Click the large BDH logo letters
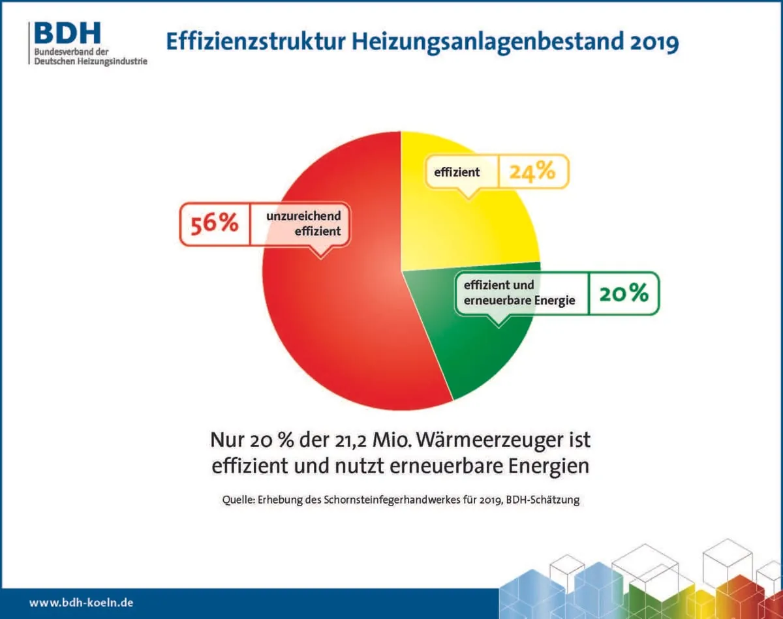pyautogui.click(x=67, y=33)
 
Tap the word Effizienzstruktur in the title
pyautogui.click(x=256, y=42)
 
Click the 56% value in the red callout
pyautogui.click(x=214, y=224)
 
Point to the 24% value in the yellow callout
pyautogui.click(x=532, y=171)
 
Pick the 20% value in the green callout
pyautogui.click(x=624, y=293)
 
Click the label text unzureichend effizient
pyautogui.click(x=303, y=223)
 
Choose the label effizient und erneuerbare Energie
pyautogui.click(x=519, y=293)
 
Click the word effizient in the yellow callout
pyautogui.click(x=457, y=172)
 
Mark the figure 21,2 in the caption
pyautogui.click(x=349, y=440)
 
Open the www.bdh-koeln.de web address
pyautogui.click(x=81, y=603)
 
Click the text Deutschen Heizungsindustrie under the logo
pyautogui.click(x=91, y=61)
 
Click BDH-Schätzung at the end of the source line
pyautogui.click(x=542, y=500)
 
